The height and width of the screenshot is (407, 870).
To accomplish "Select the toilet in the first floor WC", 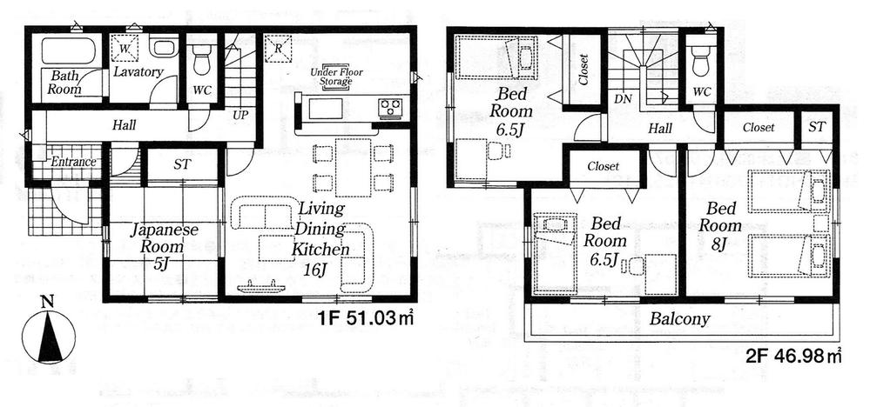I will [201, 60].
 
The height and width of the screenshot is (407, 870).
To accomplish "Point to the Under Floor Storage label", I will [335, 77].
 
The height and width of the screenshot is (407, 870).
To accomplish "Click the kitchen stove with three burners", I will [389, 108].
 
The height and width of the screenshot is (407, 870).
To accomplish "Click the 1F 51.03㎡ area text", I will [365, 319].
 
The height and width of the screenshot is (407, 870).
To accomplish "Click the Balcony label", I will [679, 318].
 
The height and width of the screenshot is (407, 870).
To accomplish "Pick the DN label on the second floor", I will [623, 99].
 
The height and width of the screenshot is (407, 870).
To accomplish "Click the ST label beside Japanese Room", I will [181, 163].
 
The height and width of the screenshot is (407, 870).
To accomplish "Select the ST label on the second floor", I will [817, 127].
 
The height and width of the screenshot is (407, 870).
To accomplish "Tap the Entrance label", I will [72, 163].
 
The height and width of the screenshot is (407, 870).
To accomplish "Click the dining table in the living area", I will [354, 166].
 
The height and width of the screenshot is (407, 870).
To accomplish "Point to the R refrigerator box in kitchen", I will [278, 48].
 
